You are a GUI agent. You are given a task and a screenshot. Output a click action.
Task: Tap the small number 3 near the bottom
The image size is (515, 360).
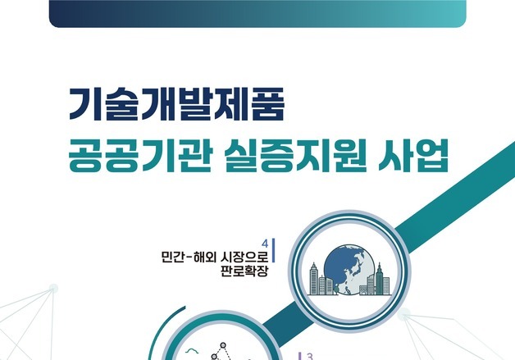click(x=310, y=357)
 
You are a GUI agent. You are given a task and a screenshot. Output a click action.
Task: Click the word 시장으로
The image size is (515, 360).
click(x=245, y=256)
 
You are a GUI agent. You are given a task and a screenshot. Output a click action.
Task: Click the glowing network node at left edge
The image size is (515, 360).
click(x=53, y=288)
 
